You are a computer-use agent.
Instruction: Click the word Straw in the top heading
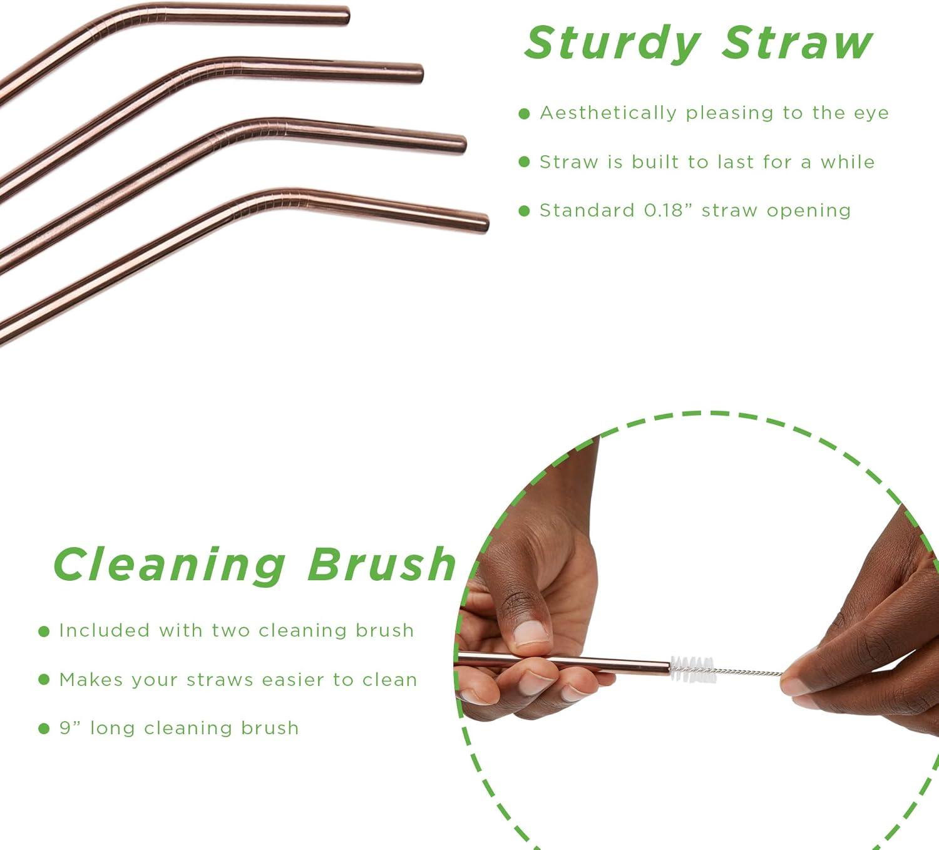(797, 43)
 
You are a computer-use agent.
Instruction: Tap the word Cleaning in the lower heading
(170, 565)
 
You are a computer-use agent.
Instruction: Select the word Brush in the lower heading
(382, 563)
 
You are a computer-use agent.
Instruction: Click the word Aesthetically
(608, 113)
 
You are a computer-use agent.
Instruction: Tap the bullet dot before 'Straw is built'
(524, 162)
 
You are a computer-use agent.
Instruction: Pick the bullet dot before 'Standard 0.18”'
(524, 211)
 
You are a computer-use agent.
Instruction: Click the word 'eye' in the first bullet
(871, 114)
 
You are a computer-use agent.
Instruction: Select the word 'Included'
(105, 630)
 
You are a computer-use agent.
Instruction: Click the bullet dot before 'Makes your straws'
(44, 680)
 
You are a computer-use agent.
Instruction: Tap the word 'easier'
(293, 680)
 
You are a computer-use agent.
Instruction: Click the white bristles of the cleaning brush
(693, 669)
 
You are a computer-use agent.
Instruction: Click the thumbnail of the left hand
(531, 632)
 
